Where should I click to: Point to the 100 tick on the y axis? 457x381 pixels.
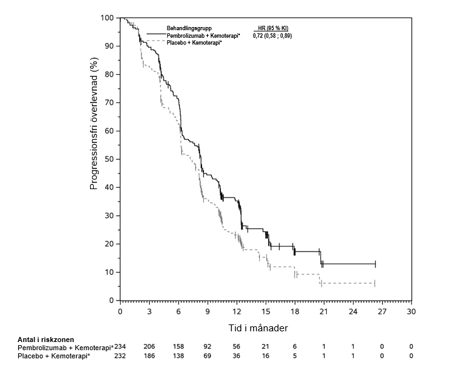pos(108,18)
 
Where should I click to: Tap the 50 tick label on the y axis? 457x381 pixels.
pos(110,159)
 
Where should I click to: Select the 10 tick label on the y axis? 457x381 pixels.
pos(110,272)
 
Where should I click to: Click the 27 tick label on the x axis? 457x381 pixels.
pos(381,311)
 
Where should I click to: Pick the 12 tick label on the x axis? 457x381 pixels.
pos(236,311)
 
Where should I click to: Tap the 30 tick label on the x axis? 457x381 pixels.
pos(410,311)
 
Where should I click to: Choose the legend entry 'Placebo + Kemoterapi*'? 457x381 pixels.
pos(198,43)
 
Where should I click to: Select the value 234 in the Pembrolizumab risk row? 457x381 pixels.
pos(120,347)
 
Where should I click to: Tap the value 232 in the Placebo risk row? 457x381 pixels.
pos(120,356)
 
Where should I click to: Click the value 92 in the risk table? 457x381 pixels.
pos(207,347)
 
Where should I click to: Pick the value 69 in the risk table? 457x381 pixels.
pos(207,356)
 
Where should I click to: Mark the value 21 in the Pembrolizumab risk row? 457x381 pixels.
pos(265,347)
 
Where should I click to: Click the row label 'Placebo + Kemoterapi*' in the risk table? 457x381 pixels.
pos(54,356)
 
